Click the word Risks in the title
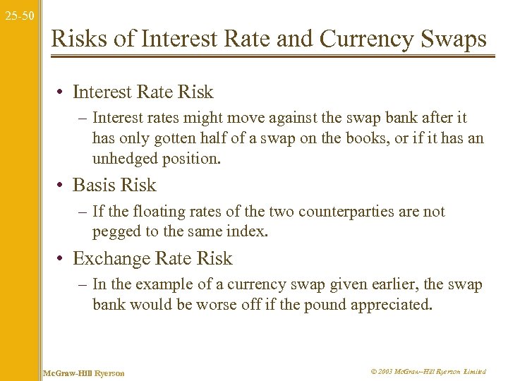coord(80,39)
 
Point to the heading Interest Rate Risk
coord(143,92)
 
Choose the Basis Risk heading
coord(114,186)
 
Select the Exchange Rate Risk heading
coord(152,259)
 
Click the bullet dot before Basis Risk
coord(62,186)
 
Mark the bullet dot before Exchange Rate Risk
coord(62,260)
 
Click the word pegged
coord(115,231)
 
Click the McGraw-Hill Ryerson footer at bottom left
coord(84,372)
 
